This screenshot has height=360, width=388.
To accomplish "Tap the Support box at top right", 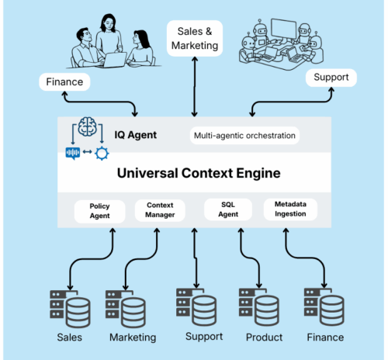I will click(x=331, y=78).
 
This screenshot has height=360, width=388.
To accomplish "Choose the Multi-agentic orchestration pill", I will click(x=244, y=136).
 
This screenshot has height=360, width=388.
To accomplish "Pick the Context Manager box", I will click(x=159, y=209).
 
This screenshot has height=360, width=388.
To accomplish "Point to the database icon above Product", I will click(x=262, y=306).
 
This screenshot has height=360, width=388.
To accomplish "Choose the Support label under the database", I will click(x=204, y=336).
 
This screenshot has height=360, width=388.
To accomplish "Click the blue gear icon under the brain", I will click(x=102, y=152).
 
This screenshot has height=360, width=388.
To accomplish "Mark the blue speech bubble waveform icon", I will click(x=73, y=152).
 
